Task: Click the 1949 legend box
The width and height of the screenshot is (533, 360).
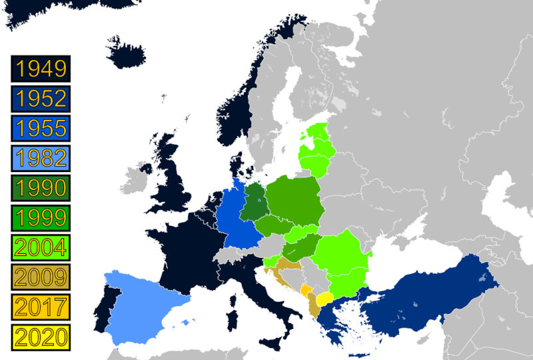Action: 41,69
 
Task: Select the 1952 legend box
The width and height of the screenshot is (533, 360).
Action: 41,99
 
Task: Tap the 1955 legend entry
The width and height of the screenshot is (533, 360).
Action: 41,128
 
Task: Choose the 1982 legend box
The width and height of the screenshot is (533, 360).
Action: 41,158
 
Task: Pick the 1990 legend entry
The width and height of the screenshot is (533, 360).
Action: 41,187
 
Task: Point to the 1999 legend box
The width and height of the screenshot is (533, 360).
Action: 41,217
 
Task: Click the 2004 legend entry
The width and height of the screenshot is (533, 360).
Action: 41,247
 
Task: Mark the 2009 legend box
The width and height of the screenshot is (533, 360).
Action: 41,276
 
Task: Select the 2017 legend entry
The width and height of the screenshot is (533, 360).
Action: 41,306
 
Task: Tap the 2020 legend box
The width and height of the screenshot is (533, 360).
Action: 41,335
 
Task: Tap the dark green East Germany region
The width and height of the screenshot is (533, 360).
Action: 255,203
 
